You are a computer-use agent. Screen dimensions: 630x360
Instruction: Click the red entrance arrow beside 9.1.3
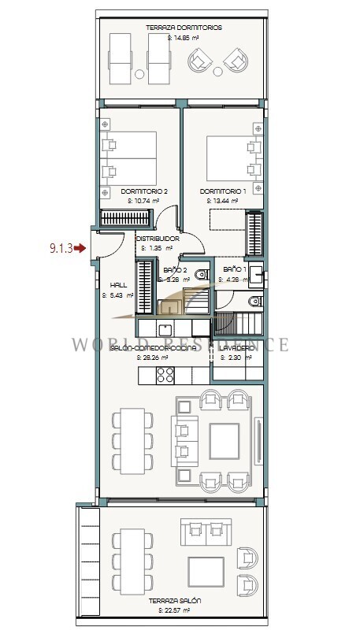[80, 248]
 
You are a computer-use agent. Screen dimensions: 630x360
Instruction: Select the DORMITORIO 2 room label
[144, 191]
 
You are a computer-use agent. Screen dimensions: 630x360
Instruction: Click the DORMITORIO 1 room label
[223, 191]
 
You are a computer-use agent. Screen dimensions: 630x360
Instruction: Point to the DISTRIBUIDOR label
[158, 238]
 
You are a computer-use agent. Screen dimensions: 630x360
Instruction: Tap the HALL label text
[118, 285]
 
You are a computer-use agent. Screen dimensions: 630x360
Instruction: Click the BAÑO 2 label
[174, 269]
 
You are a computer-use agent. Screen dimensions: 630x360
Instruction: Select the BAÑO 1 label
[235, 269]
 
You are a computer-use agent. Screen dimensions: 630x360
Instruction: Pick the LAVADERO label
[235, 347]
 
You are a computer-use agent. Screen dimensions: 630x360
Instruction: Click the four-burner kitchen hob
[165, 376]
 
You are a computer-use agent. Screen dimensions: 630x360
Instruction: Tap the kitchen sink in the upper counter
[165, 328]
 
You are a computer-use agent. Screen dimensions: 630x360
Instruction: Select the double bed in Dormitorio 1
[231, 159]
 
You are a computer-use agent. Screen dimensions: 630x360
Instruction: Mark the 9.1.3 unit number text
[60, 248]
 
